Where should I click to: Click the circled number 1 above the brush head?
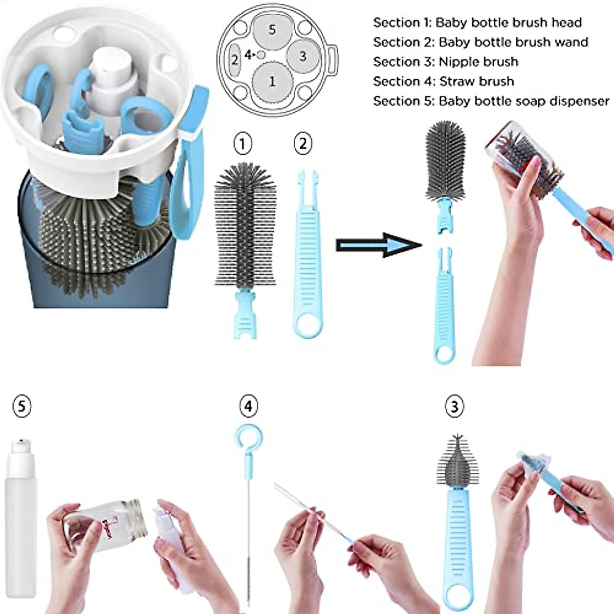click(243, 144)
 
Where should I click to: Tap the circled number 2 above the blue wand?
click(303, 144)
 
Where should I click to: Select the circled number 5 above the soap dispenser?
click(21, 406)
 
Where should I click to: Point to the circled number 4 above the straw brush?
click(249, 406)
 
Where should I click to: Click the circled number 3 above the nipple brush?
click(454, 406)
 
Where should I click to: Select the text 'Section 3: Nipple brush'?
click(445, 62)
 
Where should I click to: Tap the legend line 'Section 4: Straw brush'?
click(443, 81)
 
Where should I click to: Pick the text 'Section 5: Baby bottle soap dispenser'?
click(491, 101)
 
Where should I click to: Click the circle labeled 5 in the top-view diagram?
click(272, 30)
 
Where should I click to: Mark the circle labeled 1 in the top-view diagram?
click(272, 81)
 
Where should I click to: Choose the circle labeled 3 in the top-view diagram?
click(302, 56)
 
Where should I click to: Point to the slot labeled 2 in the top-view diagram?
click(235, 60)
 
